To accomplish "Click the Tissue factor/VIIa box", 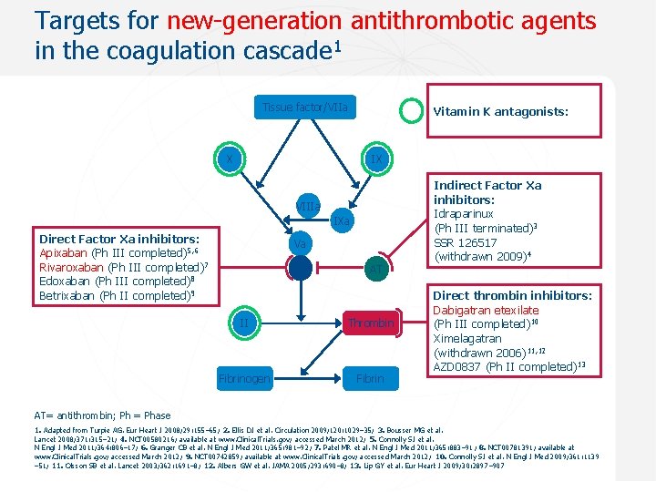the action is click(305, 108).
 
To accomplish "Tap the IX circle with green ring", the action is click(375, 159).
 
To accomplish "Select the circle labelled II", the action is click(243, 323).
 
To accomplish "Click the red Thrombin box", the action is click(371, 323).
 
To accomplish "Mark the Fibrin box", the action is click(370, 378).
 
